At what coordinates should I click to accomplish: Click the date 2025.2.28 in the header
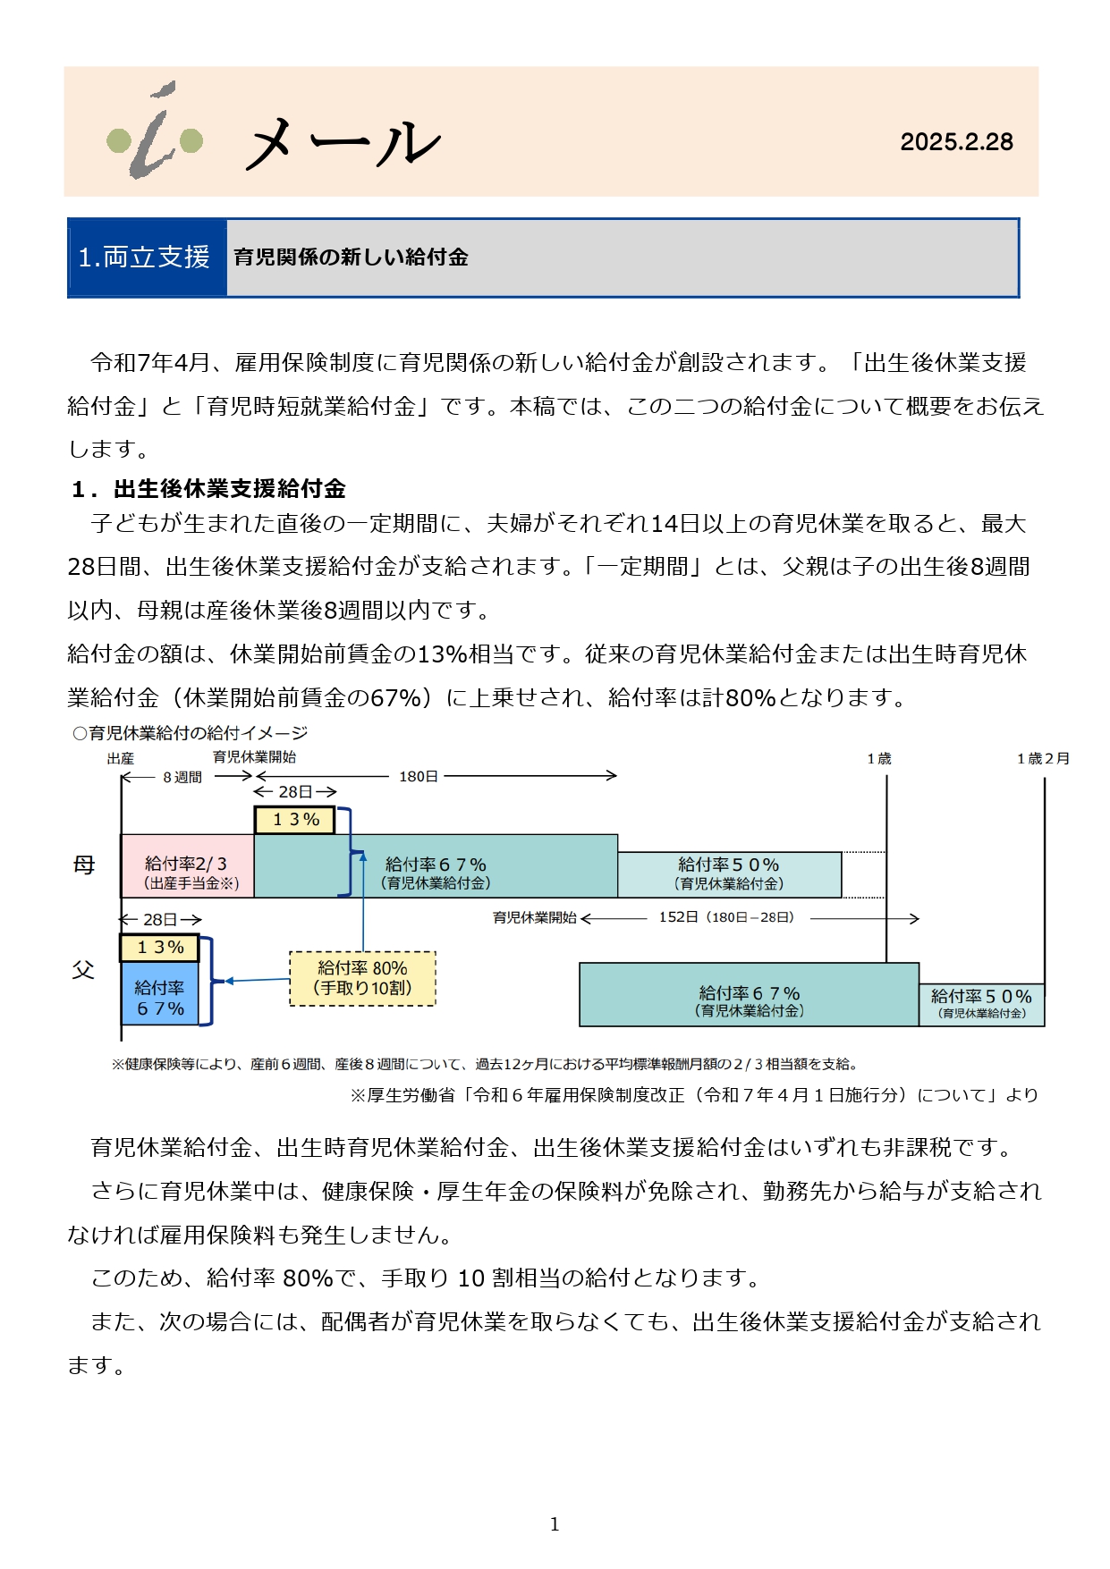(956, 142)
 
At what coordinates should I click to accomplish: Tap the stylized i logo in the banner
(155, 131)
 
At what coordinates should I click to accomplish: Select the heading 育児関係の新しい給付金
(351, 257)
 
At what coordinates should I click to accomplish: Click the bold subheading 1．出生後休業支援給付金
(208, 488)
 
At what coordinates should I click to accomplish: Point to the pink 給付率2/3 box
(188, 865)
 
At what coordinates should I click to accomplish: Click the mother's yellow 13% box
(295, 820)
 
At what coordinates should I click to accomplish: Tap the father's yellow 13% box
(159, 948)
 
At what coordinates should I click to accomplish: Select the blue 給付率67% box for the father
(159, 993)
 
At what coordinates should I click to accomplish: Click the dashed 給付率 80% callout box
(362, 979)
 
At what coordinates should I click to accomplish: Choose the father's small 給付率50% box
(981, 1004)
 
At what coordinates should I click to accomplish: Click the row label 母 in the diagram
(84, 865)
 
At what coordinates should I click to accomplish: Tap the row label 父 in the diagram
(83, 970)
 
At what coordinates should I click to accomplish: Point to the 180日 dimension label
(418, 777)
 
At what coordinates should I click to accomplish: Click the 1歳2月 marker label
(1043, 759)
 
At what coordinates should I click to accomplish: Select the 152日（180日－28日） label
(726, 917)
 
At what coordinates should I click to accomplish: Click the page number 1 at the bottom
(555, 1524)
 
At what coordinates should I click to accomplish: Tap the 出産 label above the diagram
(121, 759)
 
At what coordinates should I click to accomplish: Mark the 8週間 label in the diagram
(182, 778)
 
